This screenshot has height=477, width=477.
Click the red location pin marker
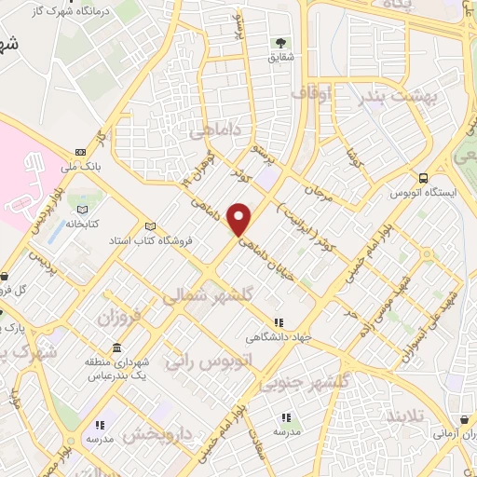pos(240,219)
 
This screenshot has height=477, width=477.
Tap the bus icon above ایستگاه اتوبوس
pos(424,177)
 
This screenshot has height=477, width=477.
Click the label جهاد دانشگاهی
pos(277,336)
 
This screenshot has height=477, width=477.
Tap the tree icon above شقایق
pos(279,43)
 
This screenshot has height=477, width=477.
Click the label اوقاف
pos(311,93)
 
